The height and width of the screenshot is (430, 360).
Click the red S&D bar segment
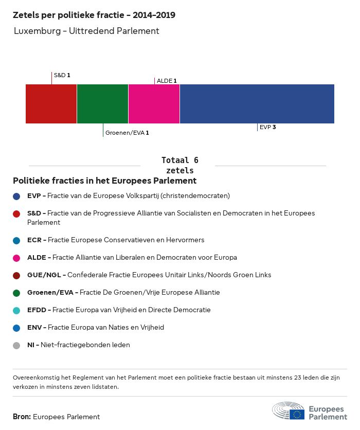(51, 104)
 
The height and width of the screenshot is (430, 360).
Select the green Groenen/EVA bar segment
(102, 104)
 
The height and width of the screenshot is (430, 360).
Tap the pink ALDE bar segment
(154, 104)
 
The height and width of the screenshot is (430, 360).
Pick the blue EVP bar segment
(257, 104)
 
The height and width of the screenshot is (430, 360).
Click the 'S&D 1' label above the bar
(62, 75)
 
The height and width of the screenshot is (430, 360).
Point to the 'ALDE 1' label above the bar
(167, 81)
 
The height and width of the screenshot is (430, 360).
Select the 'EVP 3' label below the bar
(267, 127)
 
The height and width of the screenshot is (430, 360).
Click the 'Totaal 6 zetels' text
(179, 165)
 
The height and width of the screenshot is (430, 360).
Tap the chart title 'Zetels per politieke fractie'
(94, 15)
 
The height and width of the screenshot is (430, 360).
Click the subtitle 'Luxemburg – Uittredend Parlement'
(86, 31)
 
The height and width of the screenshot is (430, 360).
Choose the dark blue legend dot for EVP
(17, 196)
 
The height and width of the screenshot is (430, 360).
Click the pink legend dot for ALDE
(17, 258)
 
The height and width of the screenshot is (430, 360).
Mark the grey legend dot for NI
(17, 345)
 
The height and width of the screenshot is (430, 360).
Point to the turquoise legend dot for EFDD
(17, 310)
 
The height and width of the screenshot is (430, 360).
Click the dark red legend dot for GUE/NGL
(17, 275)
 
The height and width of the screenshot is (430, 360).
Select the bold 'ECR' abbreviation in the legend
(34, 240)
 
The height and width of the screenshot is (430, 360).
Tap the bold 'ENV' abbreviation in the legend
(34, 328)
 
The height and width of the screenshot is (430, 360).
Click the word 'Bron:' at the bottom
(22, 417)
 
